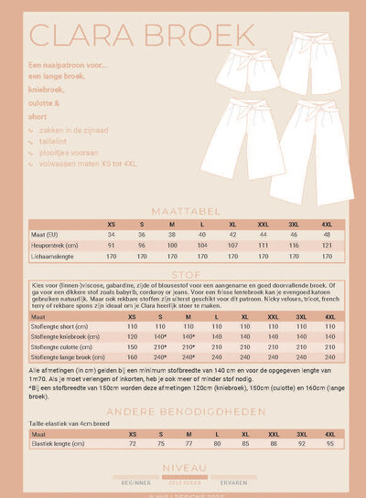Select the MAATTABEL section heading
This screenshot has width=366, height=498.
pos(183,208)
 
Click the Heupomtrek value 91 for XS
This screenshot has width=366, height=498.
pos(110,245)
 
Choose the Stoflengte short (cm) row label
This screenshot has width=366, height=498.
pos(54,326)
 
